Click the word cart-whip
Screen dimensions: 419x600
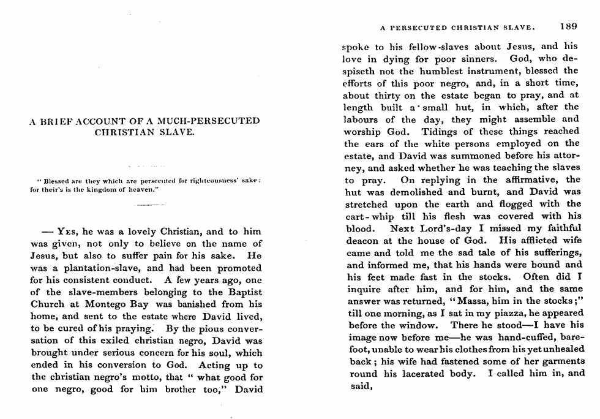click(x=366, y=216)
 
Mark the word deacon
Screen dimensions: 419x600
click(x=361, y=240)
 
